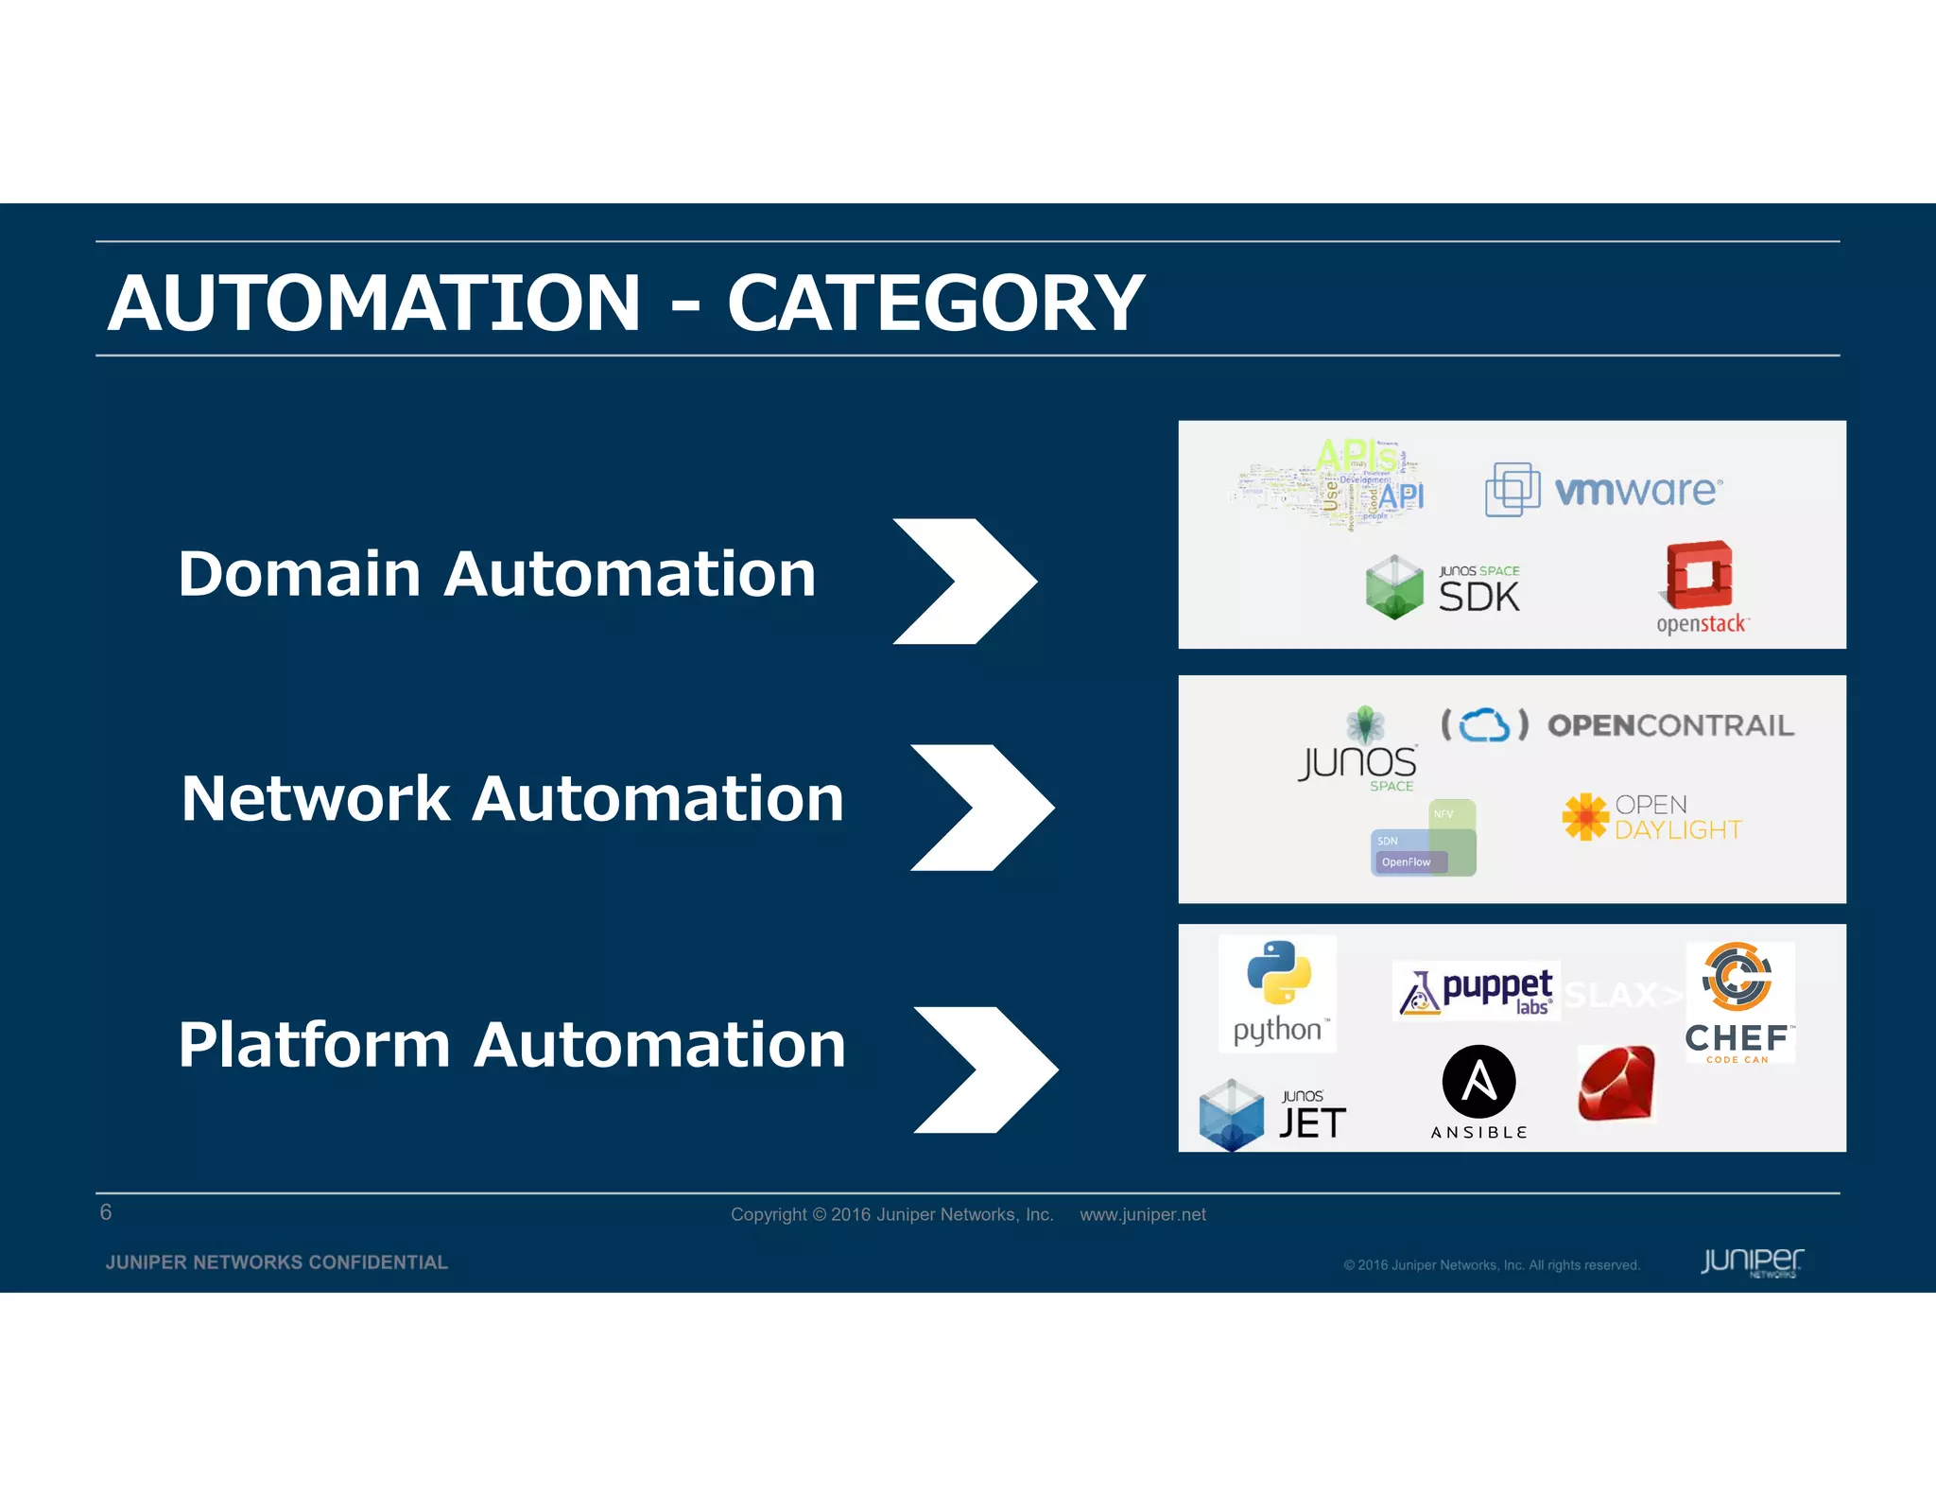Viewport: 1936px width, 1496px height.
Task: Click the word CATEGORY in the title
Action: click(935, 304)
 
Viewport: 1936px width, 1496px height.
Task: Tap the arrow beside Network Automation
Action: click(983, 807)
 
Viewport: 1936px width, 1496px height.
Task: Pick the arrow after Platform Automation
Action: click(986, 1069)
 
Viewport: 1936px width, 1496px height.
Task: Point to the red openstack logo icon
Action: click(1699, 575)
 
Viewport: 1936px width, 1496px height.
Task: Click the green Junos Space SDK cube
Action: click(1394, 587)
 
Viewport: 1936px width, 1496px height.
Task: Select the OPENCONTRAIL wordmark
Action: click(1670, 725)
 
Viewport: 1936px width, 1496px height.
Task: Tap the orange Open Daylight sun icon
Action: click(1585, 816)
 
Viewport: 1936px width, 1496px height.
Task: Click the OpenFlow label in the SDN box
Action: click(1406, 861)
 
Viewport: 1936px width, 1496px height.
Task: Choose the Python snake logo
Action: click(1278, 972)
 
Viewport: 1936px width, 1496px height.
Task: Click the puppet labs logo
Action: click(1476, 990)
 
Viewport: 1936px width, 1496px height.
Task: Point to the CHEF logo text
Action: click(1737, 1038)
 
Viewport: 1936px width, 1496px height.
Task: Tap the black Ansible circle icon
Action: click(1478, 1082)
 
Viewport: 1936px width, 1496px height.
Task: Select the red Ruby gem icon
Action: click(1616, 1084)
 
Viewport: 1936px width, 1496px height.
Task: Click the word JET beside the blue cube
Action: click(1312, 1123)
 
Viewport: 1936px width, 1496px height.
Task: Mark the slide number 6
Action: click(106, 1212)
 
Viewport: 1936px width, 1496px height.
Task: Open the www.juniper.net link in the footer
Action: click(1142, 1214)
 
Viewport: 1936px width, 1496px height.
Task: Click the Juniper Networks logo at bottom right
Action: click(1752, 1261)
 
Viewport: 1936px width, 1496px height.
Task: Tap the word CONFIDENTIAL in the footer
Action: click(378, 1262)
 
